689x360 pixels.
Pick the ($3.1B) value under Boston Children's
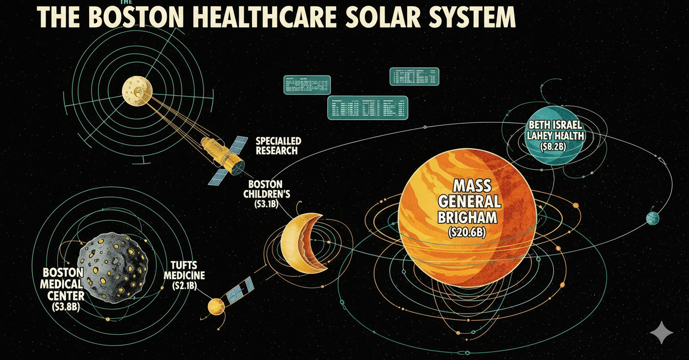click(x=266, y=204)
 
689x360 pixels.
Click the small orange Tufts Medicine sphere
click(x=215, y=307)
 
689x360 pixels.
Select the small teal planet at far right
click(x=652, y=218)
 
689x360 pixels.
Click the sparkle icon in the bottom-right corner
click(x=661, y=333)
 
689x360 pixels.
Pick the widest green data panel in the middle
click(x=367, y=107)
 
